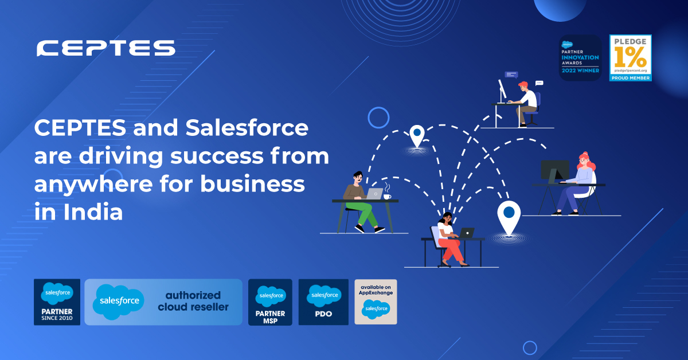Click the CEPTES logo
coord(105,48)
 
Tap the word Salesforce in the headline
coord(247,128)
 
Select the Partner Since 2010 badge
coord(57,302)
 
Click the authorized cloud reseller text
coord(193,302)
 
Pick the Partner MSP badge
coord(270,302)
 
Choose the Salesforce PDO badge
coord(324,302)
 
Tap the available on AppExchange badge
coord(376,302)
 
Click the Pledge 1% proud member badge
coord(630,57)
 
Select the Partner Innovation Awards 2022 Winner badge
coord(580,57)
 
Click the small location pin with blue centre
coord(416,136)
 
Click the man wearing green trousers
coord(360,201)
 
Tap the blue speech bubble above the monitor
coord(511,75)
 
